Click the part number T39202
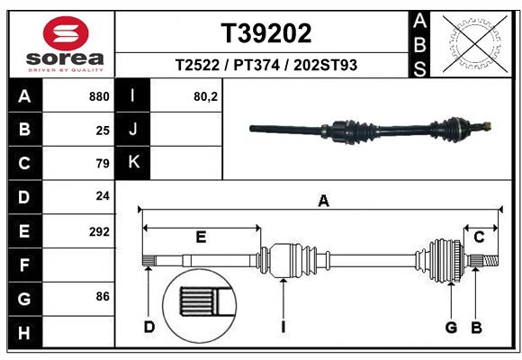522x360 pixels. point(266,33)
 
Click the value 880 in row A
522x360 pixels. point(99,96)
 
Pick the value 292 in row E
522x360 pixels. point(99,231)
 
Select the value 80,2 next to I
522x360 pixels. point(206,96)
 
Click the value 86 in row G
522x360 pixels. point(101,295)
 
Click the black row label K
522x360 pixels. point(133,162)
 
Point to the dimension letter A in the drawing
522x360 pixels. point(323,202)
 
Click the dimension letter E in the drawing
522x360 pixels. point(202,237)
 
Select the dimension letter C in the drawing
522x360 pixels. point(480,237)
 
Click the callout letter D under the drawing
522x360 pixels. point(149,326)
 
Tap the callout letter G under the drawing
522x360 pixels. point(451,326)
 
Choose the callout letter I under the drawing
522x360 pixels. point(283,326)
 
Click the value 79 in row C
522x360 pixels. point(102,164)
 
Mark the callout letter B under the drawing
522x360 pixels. point(477,326)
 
